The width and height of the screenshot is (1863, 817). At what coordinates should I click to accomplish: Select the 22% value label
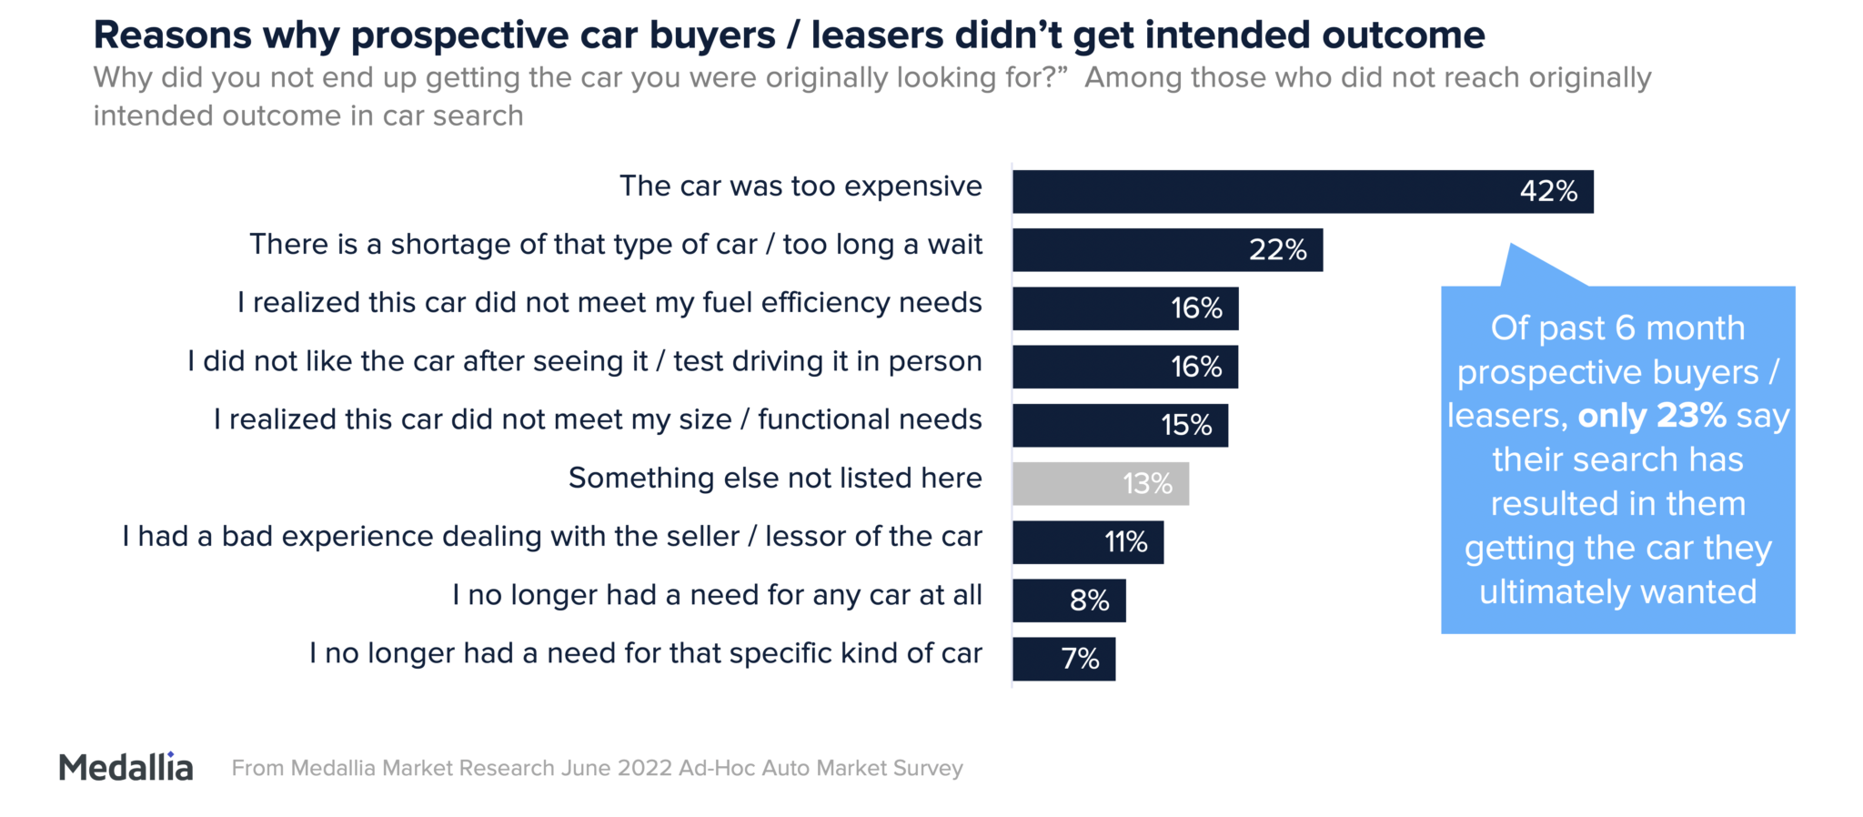[1277, 249]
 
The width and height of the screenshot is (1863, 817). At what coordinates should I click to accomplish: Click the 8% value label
[1089, 600]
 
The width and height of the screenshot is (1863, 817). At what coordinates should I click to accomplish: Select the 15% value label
[1186, 425]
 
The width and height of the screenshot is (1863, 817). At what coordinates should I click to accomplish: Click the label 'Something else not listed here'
[775, 478]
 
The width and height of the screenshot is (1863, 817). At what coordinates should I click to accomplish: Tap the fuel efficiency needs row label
[609, 302]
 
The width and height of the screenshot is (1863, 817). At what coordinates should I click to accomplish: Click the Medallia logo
[126, 767]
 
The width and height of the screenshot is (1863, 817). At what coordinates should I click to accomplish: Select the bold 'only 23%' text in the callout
[1652, 416]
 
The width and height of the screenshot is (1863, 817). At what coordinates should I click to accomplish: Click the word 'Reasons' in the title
[173, 35]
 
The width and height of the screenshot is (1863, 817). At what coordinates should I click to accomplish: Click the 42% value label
[1548, 191]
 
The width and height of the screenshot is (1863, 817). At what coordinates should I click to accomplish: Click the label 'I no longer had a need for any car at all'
[717, 595]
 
